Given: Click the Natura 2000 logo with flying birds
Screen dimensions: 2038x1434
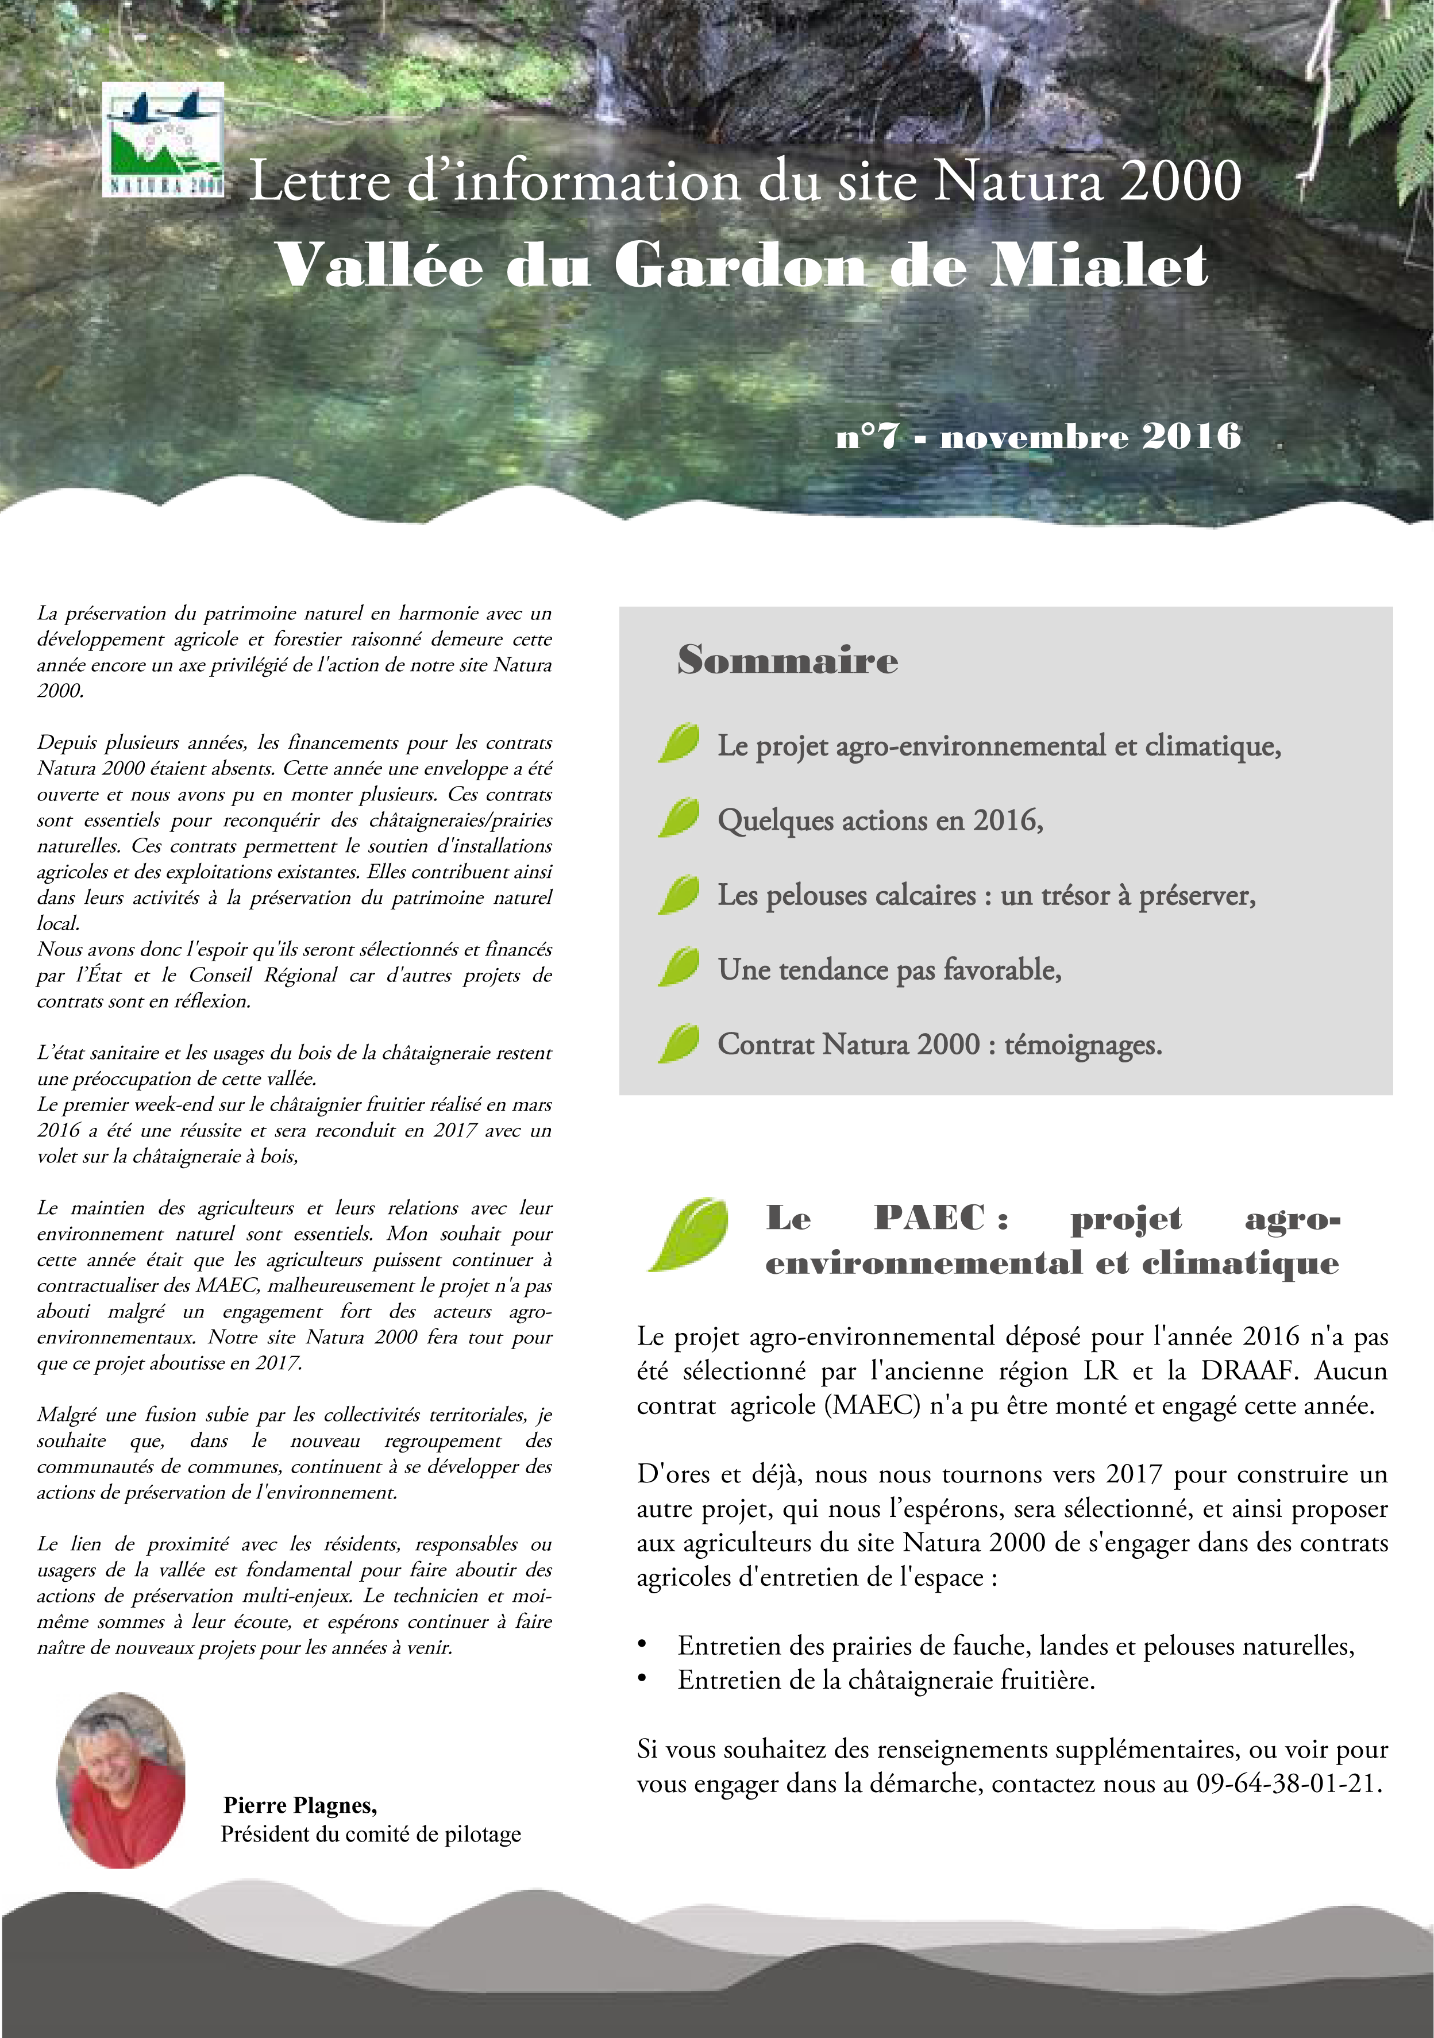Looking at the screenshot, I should point(163,140).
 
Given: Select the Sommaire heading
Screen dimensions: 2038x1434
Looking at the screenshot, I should point(787,660).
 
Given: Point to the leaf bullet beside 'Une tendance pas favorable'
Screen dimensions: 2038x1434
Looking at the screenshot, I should point(679,966).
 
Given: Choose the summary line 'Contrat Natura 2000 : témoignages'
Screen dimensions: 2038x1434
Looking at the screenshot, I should point(939,1044).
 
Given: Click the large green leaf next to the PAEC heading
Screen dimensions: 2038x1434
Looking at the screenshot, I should point(689,1234).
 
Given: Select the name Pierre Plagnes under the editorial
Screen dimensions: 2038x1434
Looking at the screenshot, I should point(300,1805).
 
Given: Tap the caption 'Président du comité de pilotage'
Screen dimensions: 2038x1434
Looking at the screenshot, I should point(371,1834).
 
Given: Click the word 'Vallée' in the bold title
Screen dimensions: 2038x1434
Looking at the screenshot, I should point(380,265).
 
